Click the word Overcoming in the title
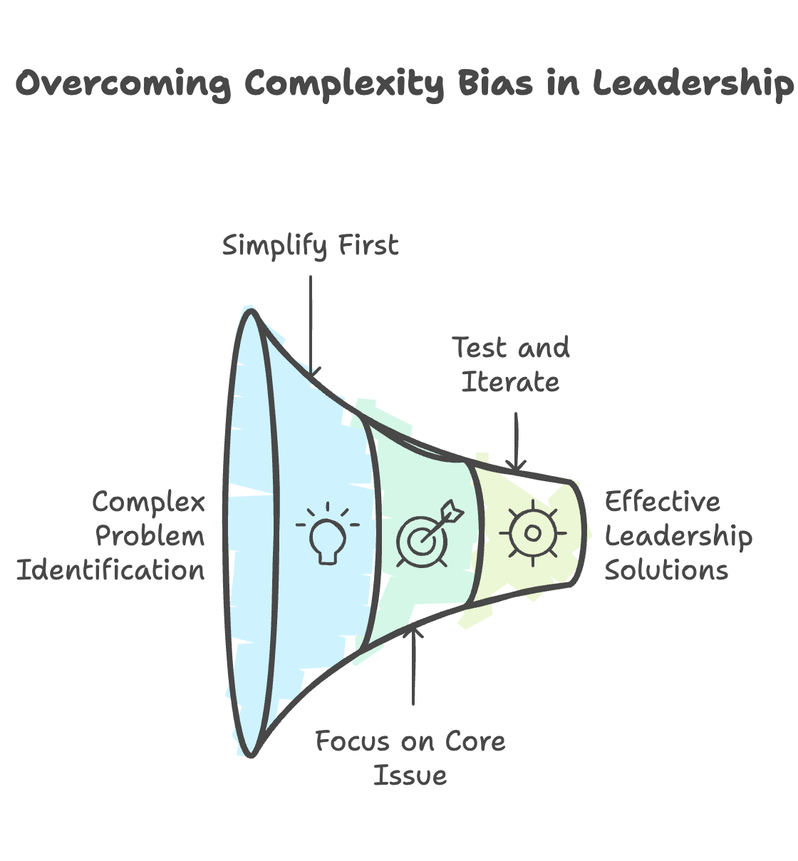pos(123,84)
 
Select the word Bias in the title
pos(494,83)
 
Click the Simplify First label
pos(311,246)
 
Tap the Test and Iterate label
pos(511,365)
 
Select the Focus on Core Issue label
pos(410,758)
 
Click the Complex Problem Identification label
pos(112,536)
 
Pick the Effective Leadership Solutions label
pos(678,536)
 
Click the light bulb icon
pos(327,535)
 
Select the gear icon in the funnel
pos(532,533)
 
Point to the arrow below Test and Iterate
pos(516,442)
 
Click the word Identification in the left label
pos(110,570)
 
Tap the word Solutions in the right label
pos(666,570)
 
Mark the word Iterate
pos(510,382)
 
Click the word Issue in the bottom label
pos(410,775)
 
